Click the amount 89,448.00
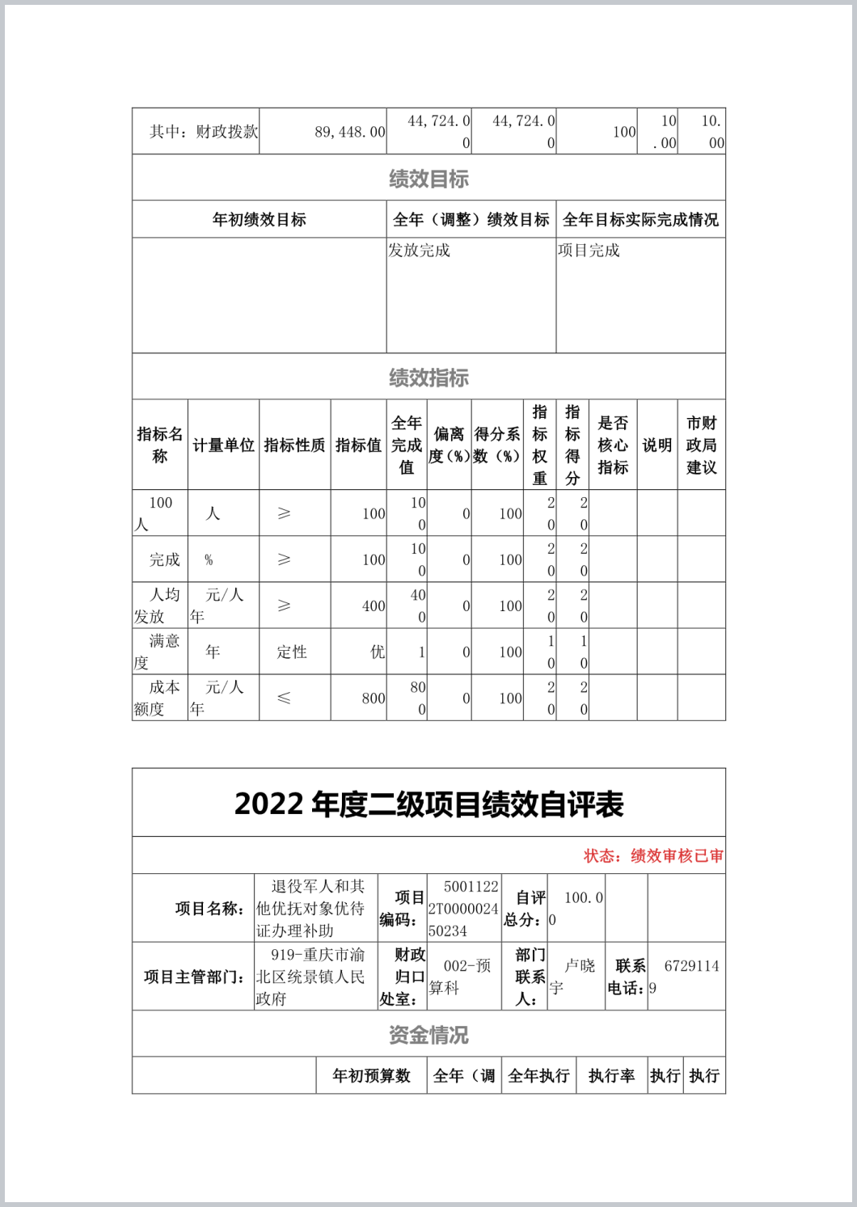(349, 132)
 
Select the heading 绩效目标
(428, 179)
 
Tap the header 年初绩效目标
(259, 220)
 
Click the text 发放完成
(419, 251)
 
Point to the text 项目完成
(589, 251)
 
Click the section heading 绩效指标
(428, 378)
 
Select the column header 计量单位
(223, 445)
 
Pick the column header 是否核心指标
(613, 445)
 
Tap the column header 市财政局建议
(701, 445)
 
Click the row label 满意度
(159, 652)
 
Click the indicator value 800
(373, 698)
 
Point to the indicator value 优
(377, 652)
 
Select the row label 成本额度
(159, 698)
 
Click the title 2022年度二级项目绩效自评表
(428, 804)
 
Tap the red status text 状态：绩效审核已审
(653, 856)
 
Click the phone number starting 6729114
(686, 977)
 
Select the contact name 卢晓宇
(576, 977)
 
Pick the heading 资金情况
(428, 1035)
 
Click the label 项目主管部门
(194, 977)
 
